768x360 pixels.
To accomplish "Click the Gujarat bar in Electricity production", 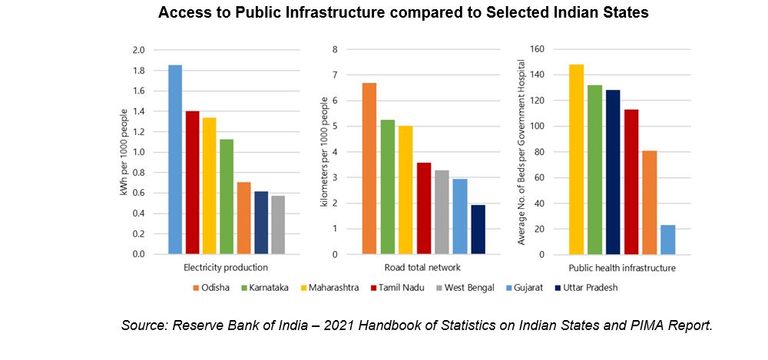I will coord(175,160).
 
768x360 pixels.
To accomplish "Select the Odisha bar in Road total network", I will coord(369,168).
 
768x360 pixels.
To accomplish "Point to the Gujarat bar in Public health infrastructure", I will coord(667,239).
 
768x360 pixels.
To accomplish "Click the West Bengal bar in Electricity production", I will coord(279,225).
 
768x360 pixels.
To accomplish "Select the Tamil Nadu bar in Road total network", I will coord(424,208).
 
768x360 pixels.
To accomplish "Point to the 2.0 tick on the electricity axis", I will coord(138,50).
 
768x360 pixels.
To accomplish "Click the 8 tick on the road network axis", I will coord(334,50).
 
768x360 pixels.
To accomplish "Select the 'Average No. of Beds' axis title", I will coord(521,152).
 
